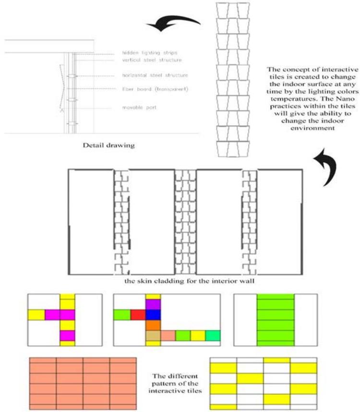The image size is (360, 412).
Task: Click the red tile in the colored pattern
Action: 138,315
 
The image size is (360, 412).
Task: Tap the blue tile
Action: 152,315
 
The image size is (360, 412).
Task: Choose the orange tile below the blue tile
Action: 152,325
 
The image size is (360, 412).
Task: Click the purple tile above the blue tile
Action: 152,304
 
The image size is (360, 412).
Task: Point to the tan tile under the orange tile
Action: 153,336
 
